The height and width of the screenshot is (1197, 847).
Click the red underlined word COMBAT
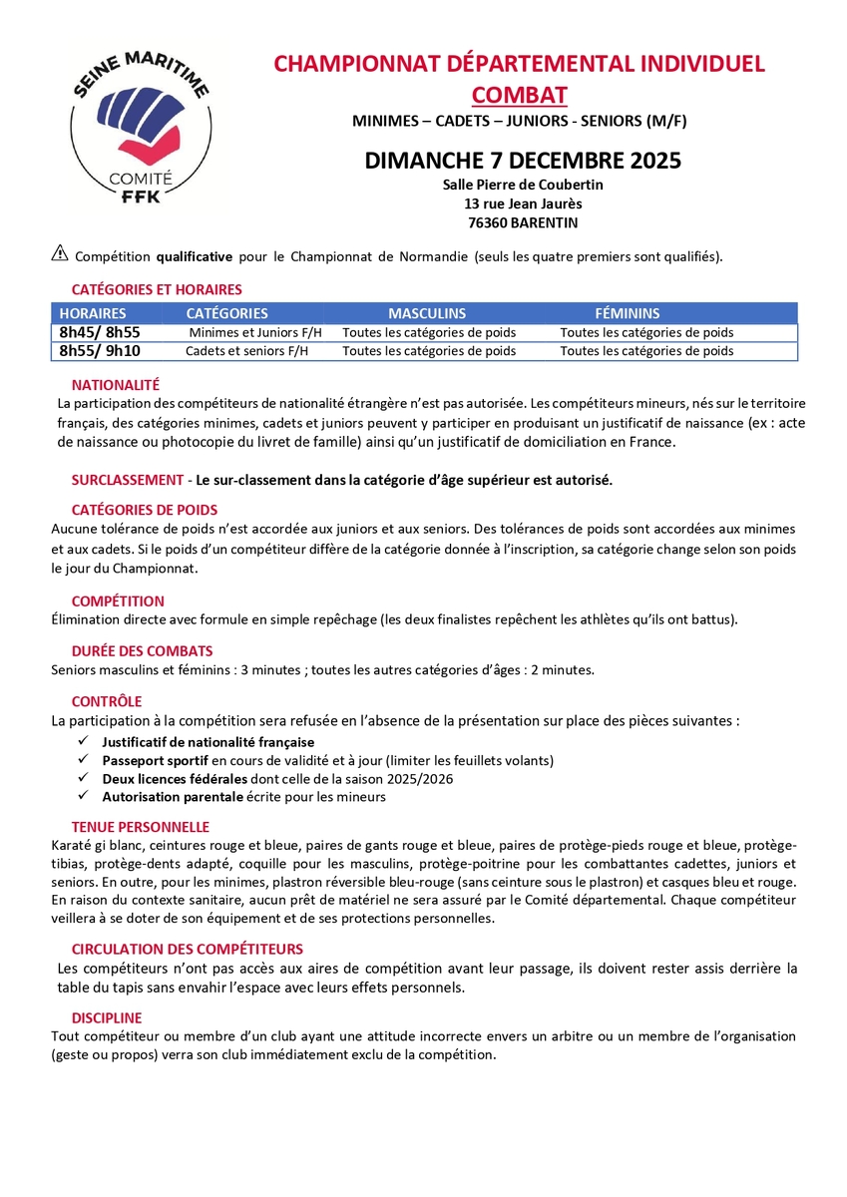point(519,95)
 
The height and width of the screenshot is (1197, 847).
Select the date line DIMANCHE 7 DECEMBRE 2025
point(523,160)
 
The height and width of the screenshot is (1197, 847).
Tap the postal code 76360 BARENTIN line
point(523,222)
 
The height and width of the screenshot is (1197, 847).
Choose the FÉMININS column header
point(627,313)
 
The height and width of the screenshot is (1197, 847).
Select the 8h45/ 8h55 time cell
point(100,332)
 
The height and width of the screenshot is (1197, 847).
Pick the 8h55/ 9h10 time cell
point(100,350)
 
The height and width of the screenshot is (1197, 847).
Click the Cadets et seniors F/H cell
point(247,351)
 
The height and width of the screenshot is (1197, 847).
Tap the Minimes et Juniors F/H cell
point(248,333)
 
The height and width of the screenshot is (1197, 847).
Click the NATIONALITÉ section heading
point(116,385)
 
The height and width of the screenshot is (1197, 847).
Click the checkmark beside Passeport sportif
point(83,760)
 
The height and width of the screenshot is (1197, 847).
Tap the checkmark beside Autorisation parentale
point(83,797)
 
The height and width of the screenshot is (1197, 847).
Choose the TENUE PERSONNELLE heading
point(140,827)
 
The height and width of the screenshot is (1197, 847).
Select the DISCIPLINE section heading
point(107,1017)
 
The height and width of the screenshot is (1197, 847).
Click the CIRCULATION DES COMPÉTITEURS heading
point(187,949)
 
